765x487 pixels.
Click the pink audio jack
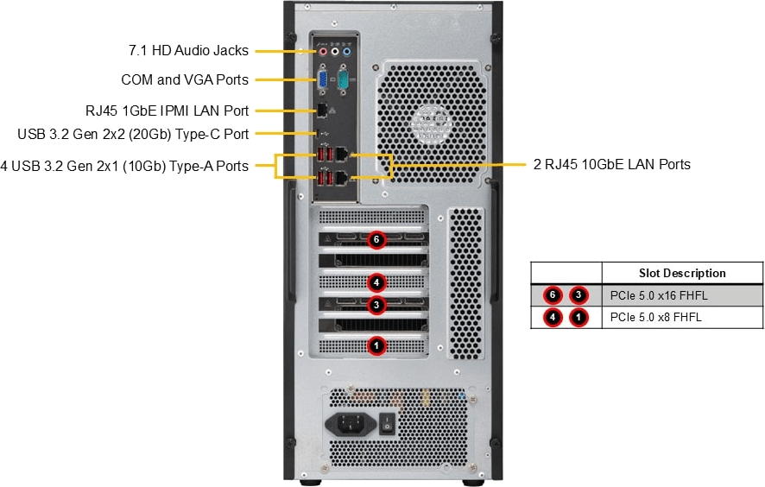pos(324,52)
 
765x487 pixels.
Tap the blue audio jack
pos(347,52)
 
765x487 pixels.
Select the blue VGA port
pos(322,80)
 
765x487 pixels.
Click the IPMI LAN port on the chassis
pos(321,110)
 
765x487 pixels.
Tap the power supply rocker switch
pos(388,423)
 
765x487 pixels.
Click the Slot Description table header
pos(681,273)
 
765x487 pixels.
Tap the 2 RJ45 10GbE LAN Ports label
pos(611,164)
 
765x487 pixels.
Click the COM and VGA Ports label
pos(185,79)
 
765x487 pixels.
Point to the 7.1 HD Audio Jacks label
pos(189,51)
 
